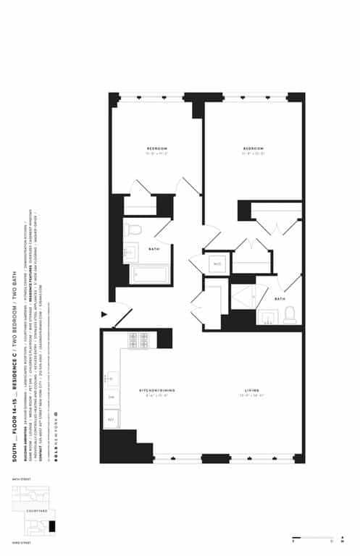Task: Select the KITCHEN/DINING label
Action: tap(157, 390)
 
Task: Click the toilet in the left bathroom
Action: tap(132, 230)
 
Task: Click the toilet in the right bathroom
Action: tap(290, 316)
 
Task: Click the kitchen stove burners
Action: tap(138, 340)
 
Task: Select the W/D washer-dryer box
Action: tap(218, 264)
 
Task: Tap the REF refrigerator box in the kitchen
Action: tap(111, 419)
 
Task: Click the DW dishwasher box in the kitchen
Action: tap(111, 397)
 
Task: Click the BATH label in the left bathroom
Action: tap(154, 249)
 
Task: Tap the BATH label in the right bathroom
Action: tap(280, 299)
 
